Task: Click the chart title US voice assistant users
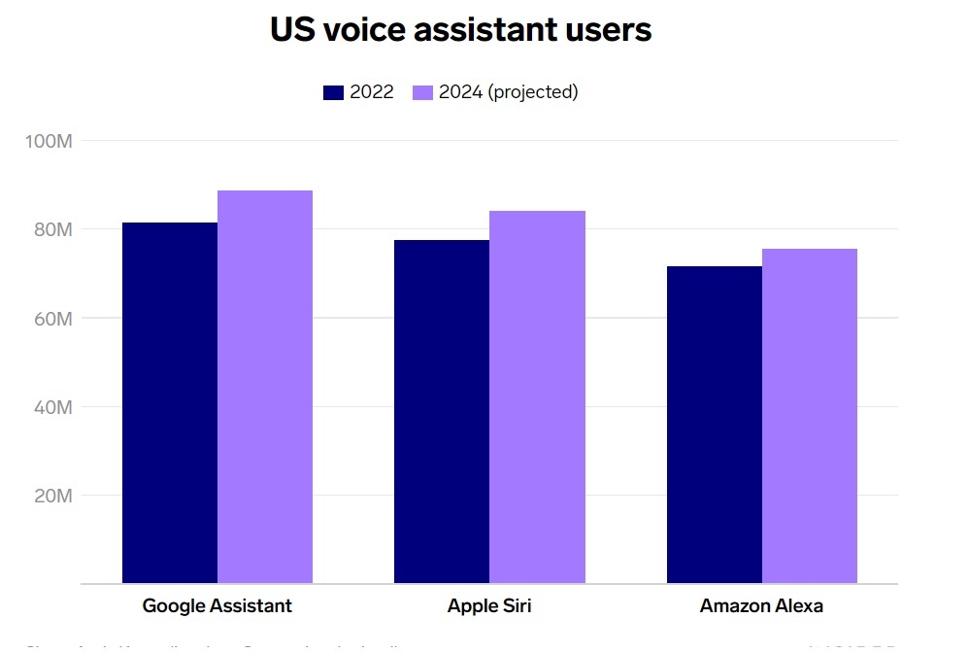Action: (460, 29)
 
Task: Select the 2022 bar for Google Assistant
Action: (170, 402)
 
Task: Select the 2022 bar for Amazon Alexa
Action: (715, 425)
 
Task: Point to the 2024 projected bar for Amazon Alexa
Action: (810, 416)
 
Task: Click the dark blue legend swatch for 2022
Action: (333, 92)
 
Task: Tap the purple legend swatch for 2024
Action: (422, 92)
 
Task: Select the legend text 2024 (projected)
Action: (508, 92)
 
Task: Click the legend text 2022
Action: (372, 92)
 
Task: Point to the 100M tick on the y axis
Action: (49, 141)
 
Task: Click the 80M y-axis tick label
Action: (51, 229)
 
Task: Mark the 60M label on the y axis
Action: (51, 318)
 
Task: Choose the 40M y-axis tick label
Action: (51, 406)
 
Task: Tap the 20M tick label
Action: (51, 496)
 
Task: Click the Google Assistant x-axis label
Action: (217, 605)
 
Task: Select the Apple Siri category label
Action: (489, 605)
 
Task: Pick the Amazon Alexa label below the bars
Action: (761, 605)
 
